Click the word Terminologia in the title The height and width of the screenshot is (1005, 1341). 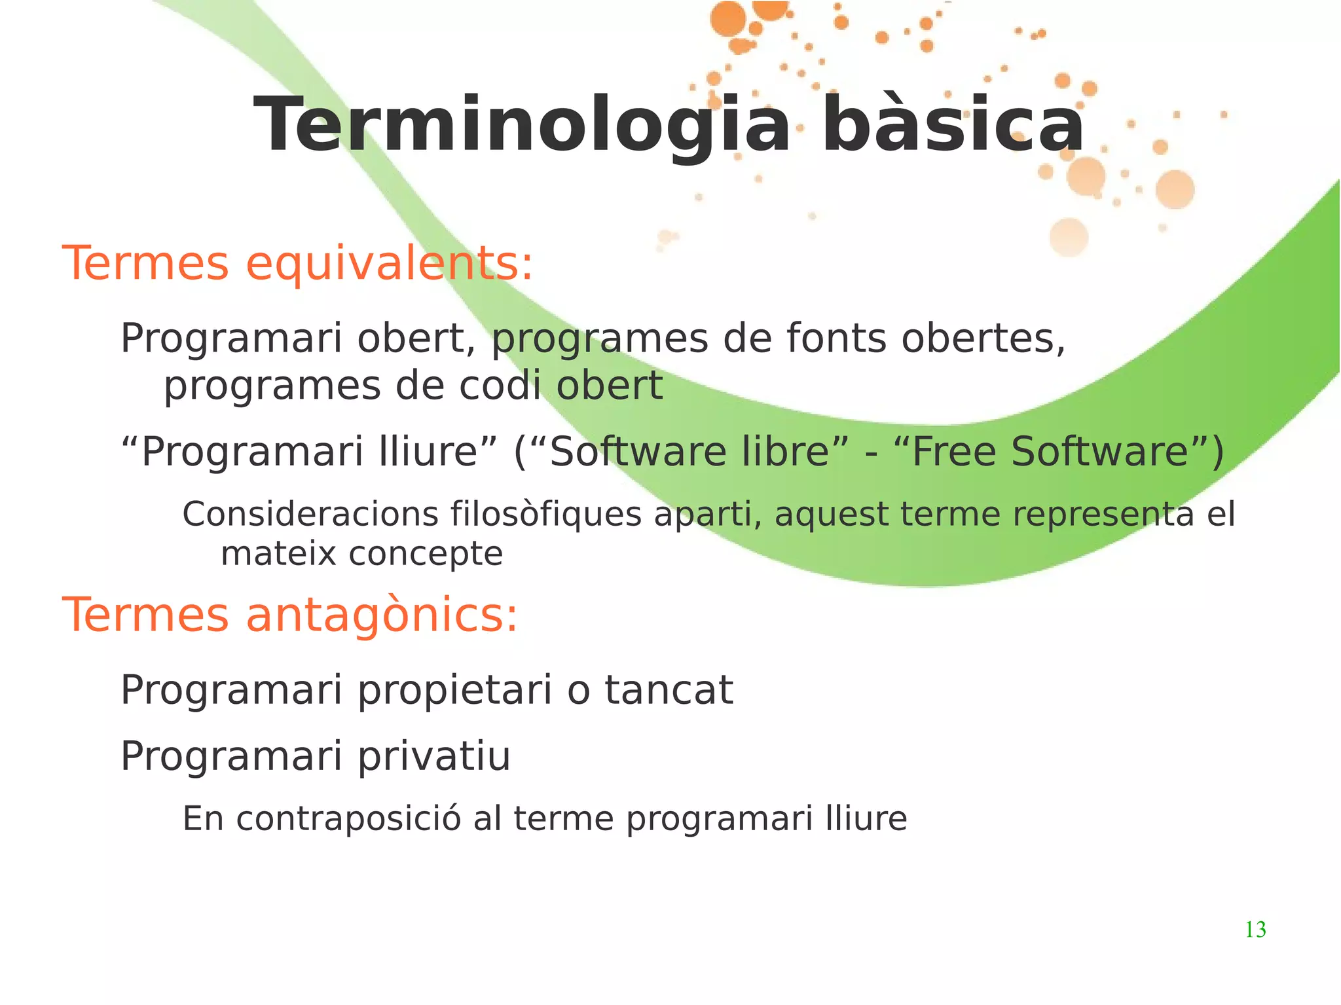coord(521,126)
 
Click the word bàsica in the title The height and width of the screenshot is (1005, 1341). coord(953,126)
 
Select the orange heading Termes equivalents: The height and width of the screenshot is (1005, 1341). coord(298,263)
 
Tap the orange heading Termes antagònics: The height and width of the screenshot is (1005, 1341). coord(290,615)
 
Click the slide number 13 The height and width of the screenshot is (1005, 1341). coord(1255,930)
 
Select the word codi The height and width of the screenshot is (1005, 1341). coord(500,386)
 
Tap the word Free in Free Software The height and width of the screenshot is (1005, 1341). coord(953,452)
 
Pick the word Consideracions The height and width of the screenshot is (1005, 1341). coord(310,514)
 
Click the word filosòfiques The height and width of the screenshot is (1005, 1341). coord(546,514)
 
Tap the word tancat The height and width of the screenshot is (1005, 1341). coord(669,691)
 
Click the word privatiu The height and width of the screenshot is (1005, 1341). coord(433,758)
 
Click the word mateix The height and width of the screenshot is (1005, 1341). coord(278,554)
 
